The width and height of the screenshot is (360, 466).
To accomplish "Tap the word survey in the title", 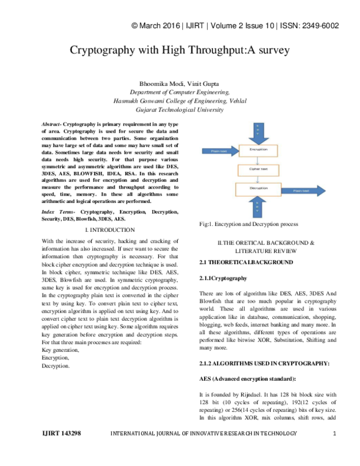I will (x=272, y=50).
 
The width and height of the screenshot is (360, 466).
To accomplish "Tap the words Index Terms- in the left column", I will (x=59, y=213).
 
